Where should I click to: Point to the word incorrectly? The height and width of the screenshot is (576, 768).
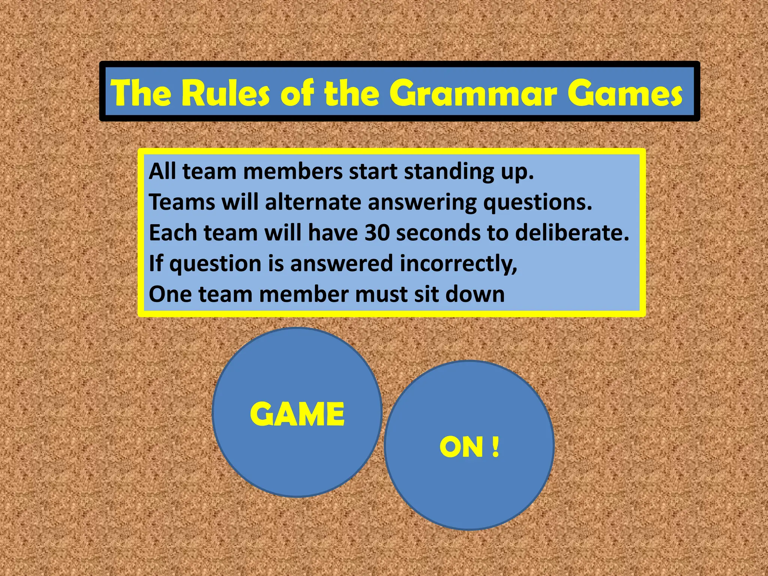tap(458, 264)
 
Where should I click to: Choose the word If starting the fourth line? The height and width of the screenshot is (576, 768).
tap(155, 263)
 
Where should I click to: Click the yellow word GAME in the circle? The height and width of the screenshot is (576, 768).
tap(297, 414)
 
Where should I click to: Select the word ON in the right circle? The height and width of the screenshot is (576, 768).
tap(461, 447)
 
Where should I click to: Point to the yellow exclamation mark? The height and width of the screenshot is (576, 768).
tap(496, 447)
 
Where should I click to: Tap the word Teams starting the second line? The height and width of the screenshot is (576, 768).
tap(182, 202)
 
